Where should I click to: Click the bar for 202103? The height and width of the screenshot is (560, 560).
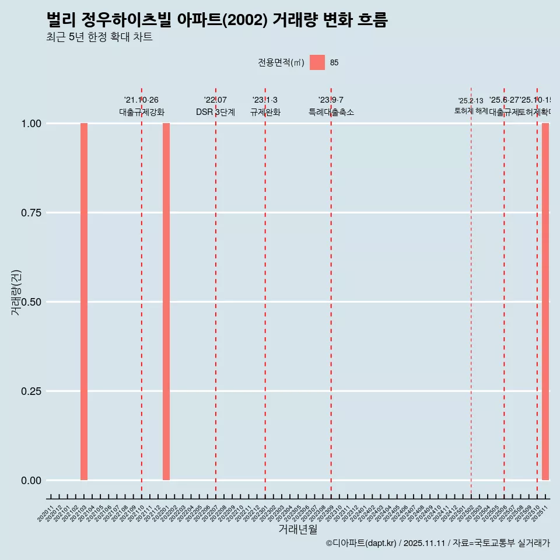pyautogui.click(x=84, y=302)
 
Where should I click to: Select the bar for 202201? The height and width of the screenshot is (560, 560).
pyautogui.click(x=166, y=302)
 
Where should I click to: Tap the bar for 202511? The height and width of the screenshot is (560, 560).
pyautogui.click(x=545, y=302)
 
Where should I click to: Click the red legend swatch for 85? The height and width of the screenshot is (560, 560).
pyautogui.click(x=317, y=62)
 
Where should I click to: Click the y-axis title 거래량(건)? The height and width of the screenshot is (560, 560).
pyautogui.click(x=16, y=292)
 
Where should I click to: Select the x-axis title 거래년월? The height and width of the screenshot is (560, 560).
pyautogui.click(x=298, y=529)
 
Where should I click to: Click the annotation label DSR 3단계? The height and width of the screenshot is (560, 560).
pyautogui.click(x=215, y=112)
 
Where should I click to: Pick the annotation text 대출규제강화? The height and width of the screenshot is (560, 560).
pyautogui.click(x=142, y=112)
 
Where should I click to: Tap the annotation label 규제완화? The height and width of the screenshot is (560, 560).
pyautogui.click(x=265, y=112)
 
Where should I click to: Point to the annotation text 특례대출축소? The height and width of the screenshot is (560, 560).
pyautogui.click(x=331, y=112)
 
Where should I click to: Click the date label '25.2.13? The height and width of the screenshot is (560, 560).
pyautogui.click(x=471, y=101)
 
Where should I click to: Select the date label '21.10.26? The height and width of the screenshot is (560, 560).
pyautogui.click(x=141, y=100)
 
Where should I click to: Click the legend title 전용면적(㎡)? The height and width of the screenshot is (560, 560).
pyautogui.click(x=281, y=62)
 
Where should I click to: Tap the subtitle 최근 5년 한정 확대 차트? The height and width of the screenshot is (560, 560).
pyautogui.click(x=99, y=37)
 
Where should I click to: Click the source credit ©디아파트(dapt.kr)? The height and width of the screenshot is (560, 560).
pyautogui.click(x=361, y=543)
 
